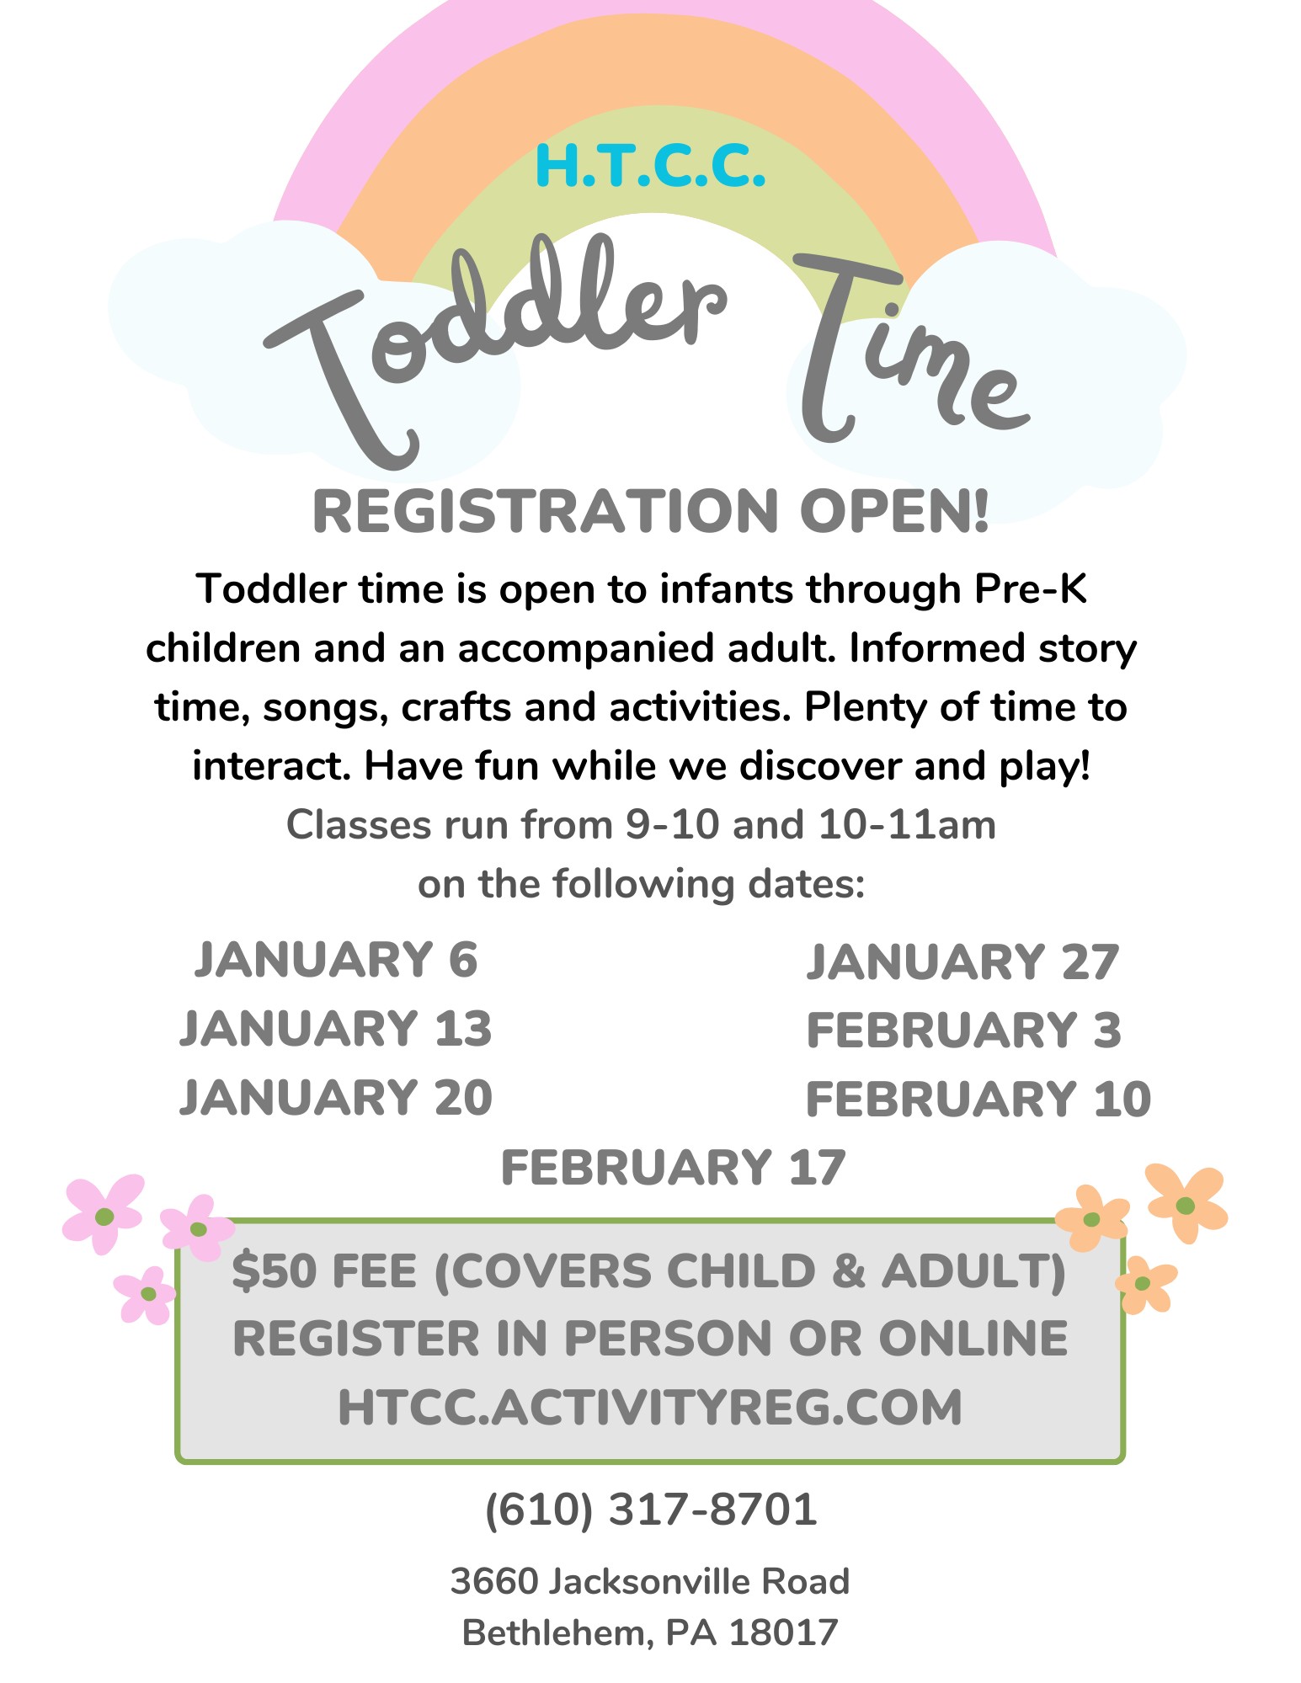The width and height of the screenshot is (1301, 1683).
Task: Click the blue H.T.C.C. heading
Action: pos(650,166)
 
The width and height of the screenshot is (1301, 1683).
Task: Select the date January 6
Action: pos(336,960)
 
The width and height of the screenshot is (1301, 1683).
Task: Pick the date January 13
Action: pos(336,1028)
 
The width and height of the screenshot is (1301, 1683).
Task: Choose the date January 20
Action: pos(336,1097)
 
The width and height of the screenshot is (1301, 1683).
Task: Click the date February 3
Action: pos(963,1031)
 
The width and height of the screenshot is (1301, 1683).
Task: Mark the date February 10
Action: pos(978,1099)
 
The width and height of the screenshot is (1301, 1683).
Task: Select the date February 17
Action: pos(673,1167)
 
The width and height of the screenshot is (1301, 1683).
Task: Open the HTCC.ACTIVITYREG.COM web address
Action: pos(650,1407)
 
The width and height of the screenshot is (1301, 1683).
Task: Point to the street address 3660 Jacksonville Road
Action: pos(650,1581)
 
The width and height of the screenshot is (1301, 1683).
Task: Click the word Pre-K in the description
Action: pos(1031,589)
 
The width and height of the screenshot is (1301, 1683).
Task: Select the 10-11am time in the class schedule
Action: pos(907,825)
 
